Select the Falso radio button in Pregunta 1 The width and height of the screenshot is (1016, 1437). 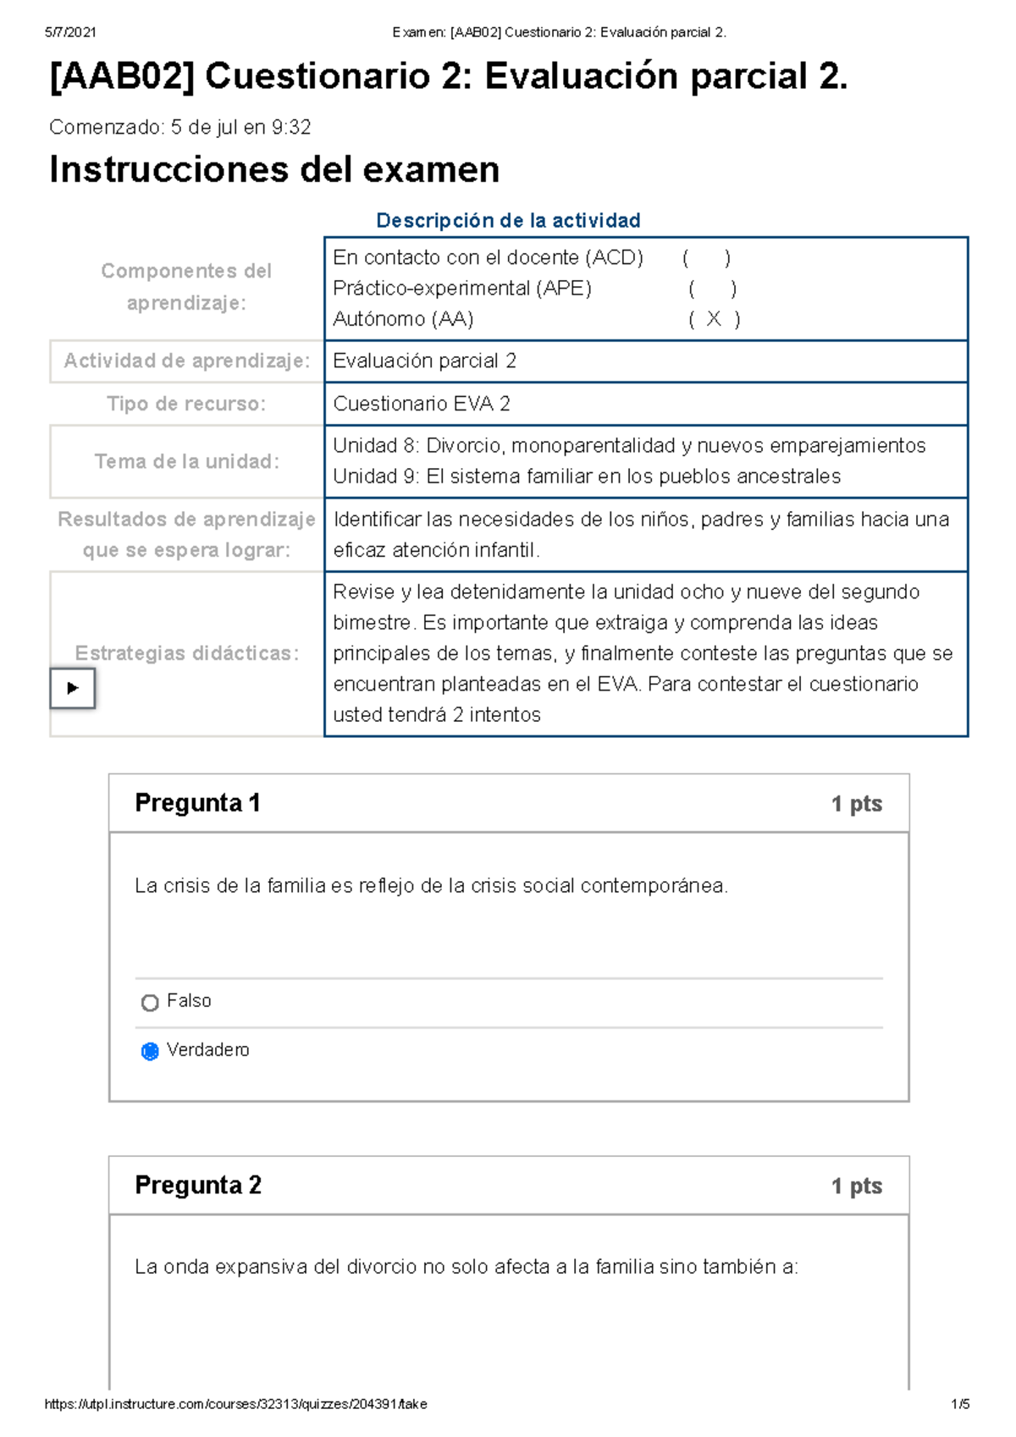tap(150, 1003)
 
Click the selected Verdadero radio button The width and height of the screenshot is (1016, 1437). tap(150, 1051)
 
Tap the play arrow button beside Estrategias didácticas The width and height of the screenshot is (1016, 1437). tap(73, 688)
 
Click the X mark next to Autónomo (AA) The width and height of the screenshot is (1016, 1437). tap(714, 319)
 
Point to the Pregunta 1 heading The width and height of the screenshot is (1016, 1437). tap(197, 802)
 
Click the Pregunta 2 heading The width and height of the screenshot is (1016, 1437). tap(198, 1185)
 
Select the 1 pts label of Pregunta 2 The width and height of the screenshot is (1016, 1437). tap(856, 1186)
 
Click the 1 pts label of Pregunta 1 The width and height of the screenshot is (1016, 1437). tap(856, 803)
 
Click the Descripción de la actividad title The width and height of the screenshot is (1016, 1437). tap(508, 221)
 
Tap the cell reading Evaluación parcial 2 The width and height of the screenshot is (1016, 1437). tap(424, 361)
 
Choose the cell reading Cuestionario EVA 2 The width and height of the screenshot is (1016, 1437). tap(422, 404)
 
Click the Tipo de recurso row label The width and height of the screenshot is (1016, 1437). tap(186, 404)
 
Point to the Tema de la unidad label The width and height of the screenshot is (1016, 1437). tap(186, 461)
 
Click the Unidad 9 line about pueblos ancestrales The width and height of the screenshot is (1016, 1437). tap(586, 476)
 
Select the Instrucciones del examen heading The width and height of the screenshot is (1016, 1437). tap(274, 169)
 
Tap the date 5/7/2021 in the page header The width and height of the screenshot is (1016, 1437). tap(70, 32)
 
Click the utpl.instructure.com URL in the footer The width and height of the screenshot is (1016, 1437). tap(235, 1404)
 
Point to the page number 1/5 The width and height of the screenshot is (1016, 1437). tap(960, 1404)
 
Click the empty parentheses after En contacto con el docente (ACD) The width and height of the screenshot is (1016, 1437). tap(706, 258)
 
